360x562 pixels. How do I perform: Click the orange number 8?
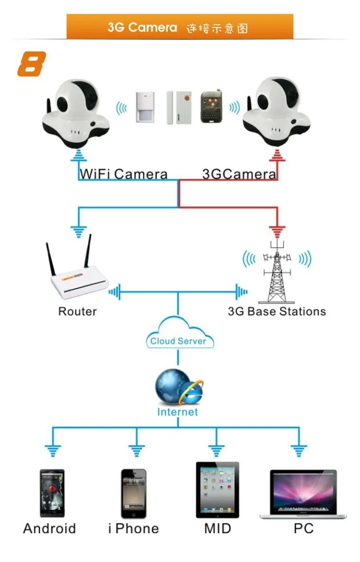(32, 64)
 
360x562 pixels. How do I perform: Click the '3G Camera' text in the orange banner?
(142, 27)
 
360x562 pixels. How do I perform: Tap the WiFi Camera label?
(123, 174)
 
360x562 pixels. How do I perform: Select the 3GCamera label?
(239, 174)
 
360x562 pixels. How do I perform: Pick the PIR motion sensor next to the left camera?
(146, 107)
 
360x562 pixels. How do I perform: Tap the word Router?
(77, 311)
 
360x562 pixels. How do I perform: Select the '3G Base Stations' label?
(277, 311)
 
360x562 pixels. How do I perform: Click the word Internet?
(177, 411)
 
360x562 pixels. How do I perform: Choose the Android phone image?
(52, 493)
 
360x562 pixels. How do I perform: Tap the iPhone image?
(134, 493)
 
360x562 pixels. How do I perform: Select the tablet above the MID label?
(217, 490)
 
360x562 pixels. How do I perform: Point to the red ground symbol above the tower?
(277, 232)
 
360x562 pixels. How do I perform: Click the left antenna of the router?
(51, 260)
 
